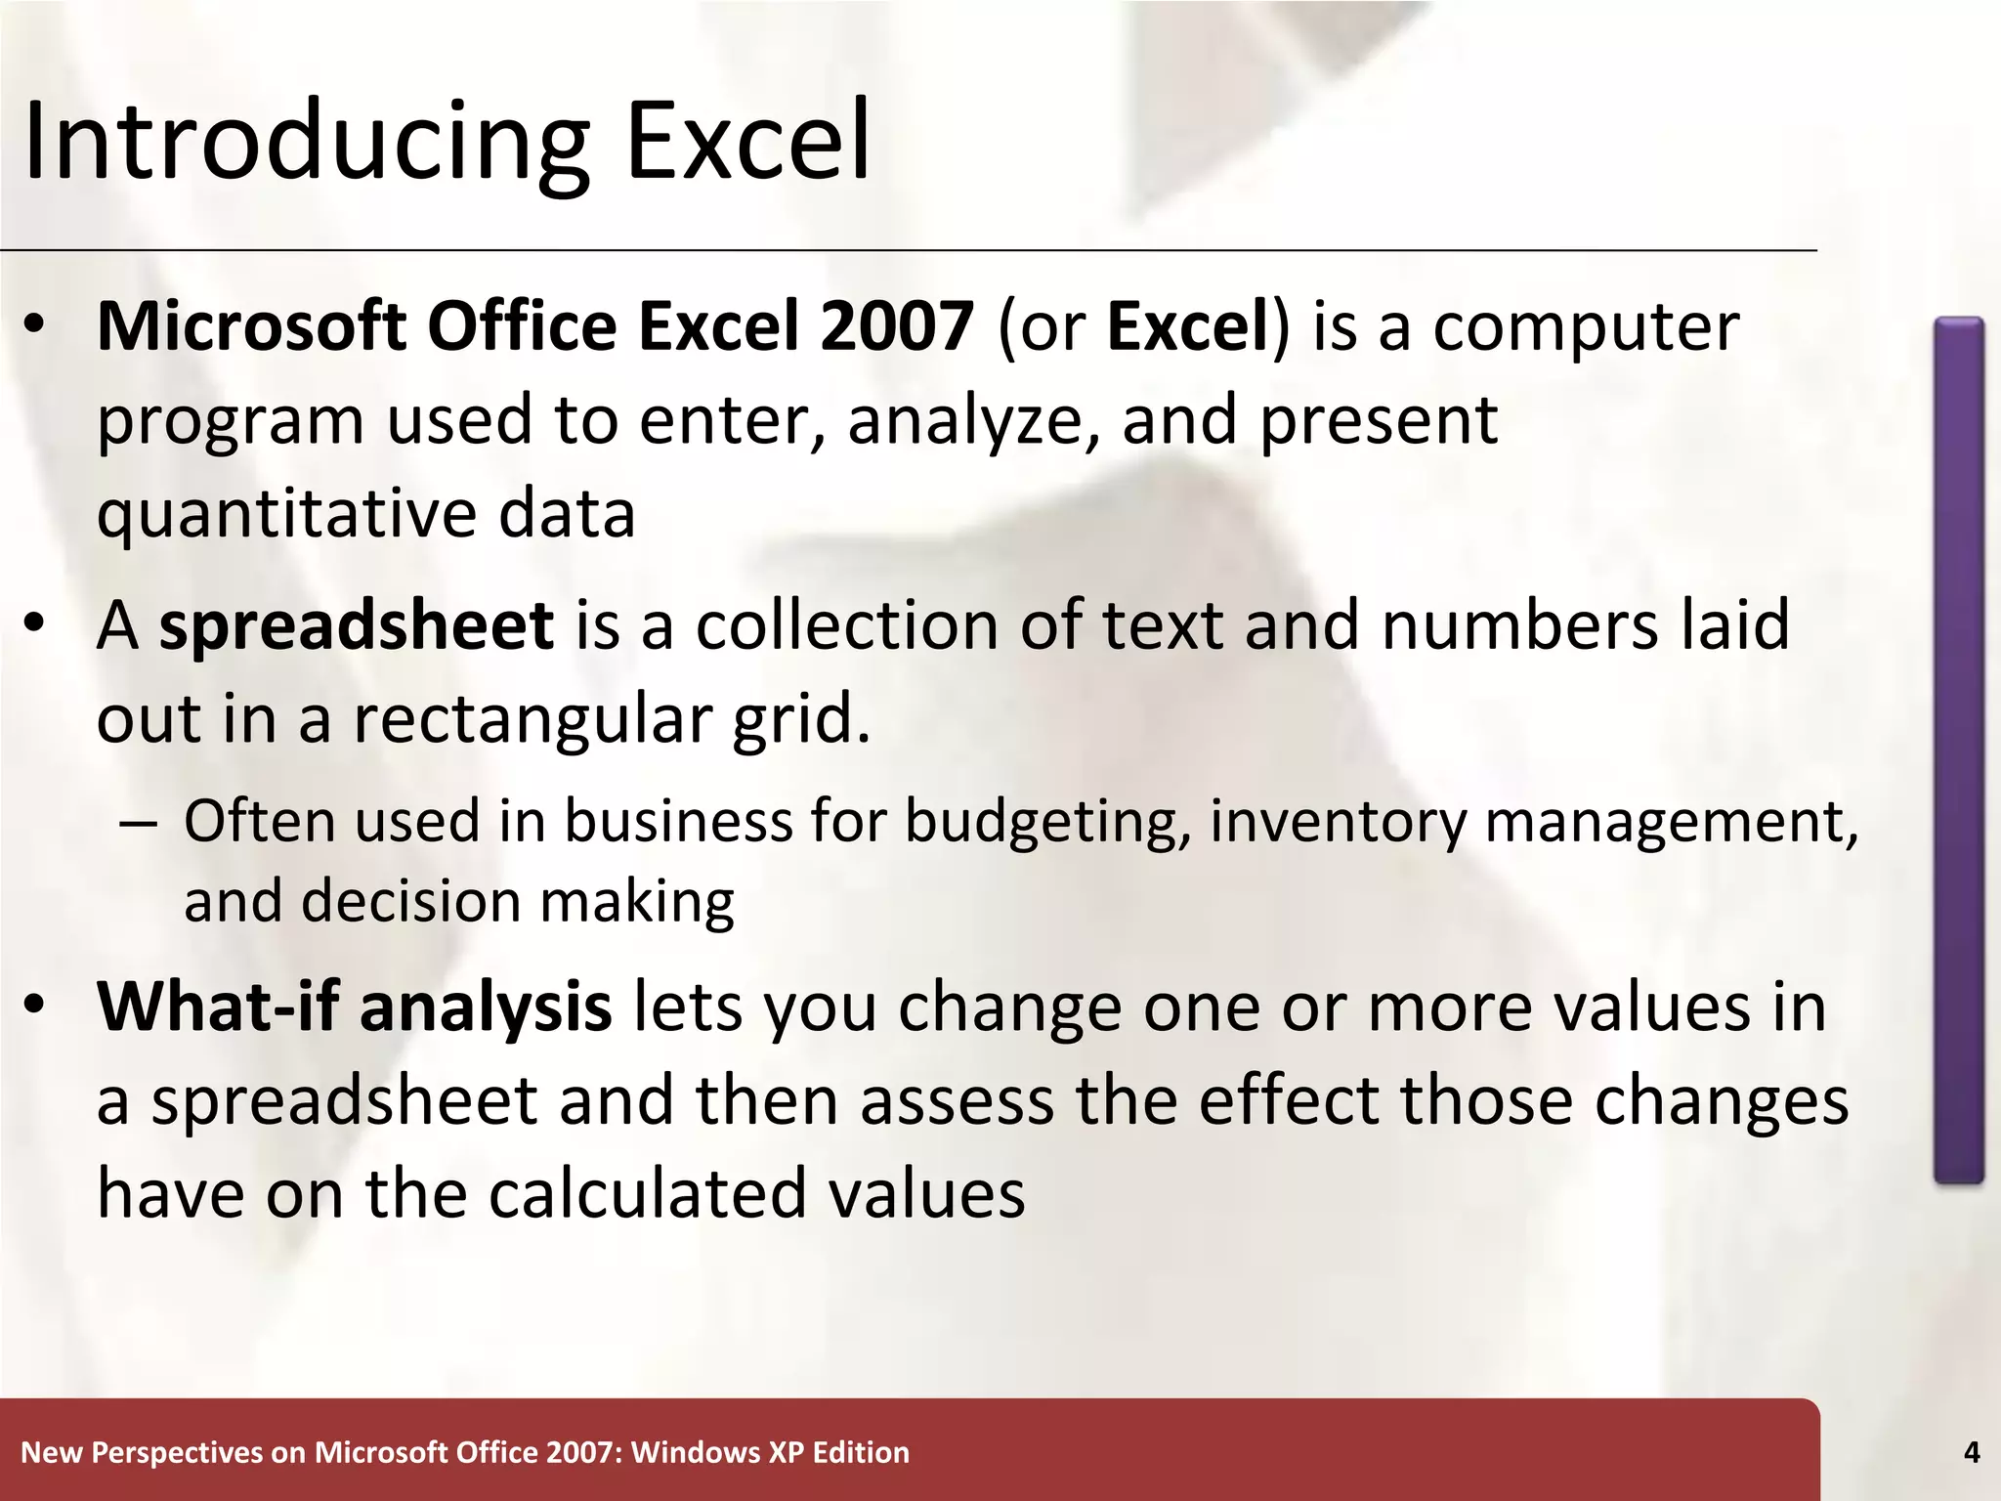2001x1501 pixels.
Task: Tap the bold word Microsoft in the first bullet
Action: click(x=251, y=325)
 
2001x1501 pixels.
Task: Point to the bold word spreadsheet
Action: click(x=357, y=625)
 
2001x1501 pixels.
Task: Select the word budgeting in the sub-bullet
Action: click(x=1046, y=821)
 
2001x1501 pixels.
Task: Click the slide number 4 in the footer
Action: click(x=1971, y=1453)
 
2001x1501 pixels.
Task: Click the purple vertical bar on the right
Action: click(x=1958, y=750)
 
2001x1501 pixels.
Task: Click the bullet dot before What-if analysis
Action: click(x=36, y=1006)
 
